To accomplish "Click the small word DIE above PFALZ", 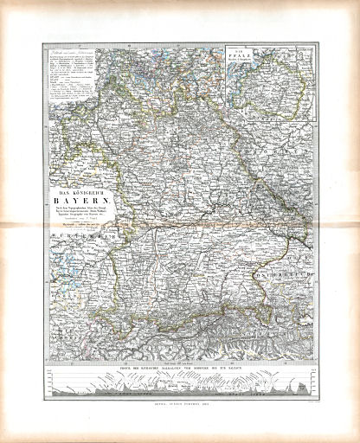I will pos(240,53).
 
